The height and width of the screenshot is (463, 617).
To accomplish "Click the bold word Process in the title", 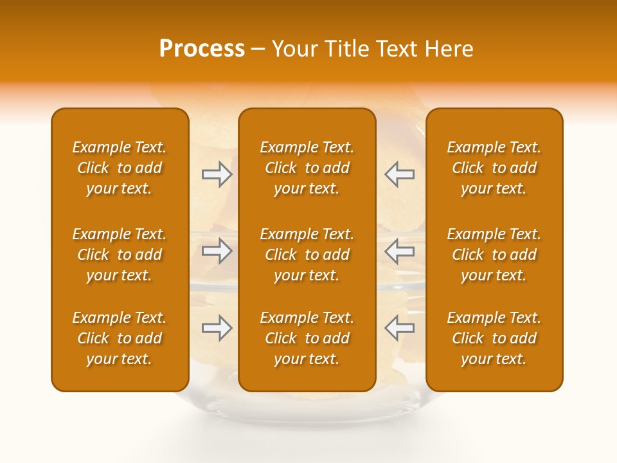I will point(202,49).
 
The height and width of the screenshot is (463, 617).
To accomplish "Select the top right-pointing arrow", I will point(217,174).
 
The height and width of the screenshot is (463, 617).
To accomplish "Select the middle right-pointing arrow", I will point(217,251).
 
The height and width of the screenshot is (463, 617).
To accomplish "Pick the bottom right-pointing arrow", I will point(217,328).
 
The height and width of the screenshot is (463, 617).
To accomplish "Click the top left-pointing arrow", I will point(399,174).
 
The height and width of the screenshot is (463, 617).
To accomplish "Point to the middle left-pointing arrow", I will point(399,251).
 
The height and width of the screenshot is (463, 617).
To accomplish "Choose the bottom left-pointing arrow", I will point(399,328).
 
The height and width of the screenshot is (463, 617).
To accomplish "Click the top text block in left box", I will point(120,168).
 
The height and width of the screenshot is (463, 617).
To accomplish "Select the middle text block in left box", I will point(120,255).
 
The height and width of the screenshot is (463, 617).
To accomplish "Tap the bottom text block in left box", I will point(120,338).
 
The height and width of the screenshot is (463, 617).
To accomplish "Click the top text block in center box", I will point(307,168).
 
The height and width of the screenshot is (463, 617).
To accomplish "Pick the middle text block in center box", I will point(307,255).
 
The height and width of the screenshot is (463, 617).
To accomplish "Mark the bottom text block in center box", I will point(307,338).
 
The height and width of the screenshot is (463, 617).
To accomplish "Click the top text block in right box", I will point(494,168).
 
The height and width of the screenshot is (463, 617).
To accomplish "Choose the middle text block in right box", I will point(494,255).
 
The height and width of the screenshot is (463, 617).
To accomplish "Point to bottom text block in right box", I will point(494,338).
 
